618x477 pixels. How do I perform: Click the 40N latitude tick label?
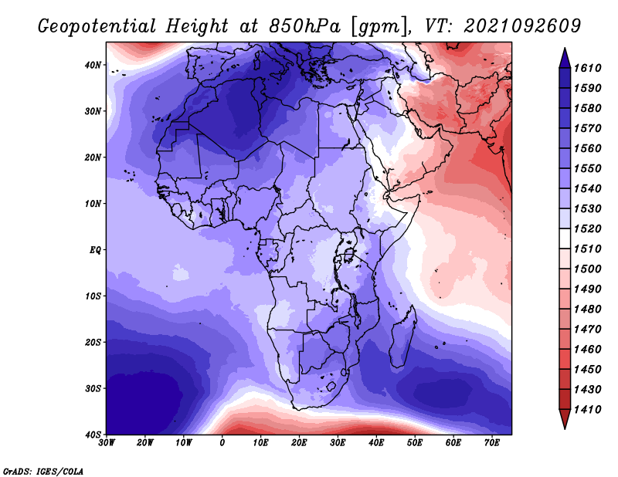tap(93, 65)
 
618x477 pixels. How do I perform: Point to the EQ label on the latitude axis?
tap(95, 250)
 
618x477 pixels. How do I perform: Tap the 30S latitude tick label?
tap(93, 389)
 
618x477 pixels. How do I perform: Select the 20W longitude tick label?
tap(145, 443)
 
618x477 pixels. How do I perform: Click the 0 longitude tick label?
tap(222, 443)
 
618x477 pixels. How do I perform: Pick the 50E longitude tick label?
tap(415, 443)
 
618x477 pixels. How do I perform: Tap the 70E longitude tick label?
tap(492, 443)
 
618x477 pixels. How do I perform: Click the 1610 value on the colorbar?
tap(587, 68)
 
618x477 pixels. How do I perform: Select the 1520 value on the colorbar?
tap(587, 228)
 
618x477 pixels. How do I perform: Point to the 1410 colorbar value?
tap(587, 410)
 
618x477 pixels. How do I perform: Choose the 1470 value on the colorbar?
tap(587, 330)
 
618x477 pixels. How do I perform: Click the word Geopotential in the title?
tap(97, 27)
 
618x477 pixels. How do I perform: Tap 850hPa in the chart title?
tap(304, 26)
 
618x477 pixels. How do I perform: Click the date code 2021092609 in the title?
tap(522, 26)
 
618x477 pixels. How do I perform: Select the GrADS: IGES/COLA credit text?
tap(43, 471)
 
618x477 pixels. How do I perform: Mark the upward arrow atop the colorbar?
tap(565, 58)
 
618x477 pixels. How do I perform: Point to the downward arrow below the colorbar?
tap(565, 419)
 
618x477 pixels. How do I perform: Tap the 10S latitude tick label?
tap(93, 296)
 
